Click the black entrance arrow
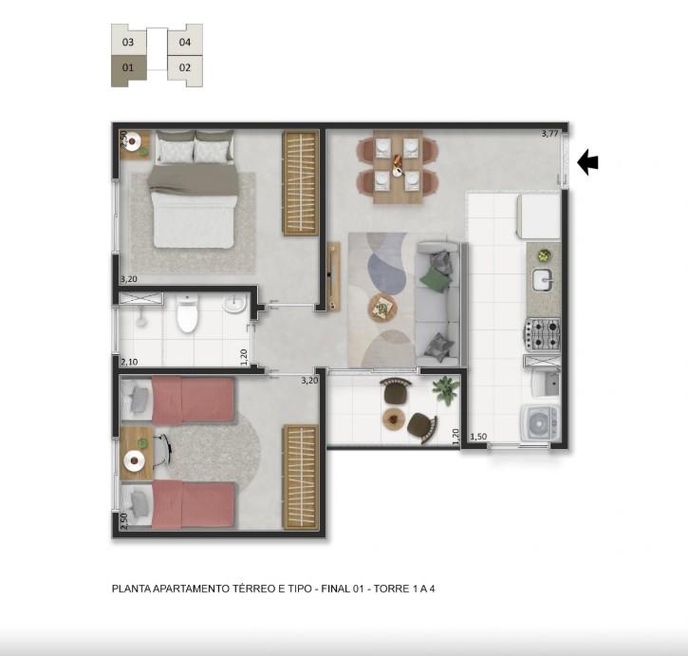coord(587,162)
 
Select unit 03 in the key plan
coord(128,42)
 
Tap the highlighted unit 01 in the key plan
coord(128,69)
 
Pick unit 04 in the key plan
coord(185,42)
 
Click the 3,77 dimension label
coord(549,134)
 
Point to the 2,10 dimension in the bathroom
coord(129,362)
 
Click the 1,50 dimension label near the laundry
coord(478,437)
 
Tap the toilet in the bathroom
coord(187,313)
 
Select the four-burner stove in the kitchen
coord(543,334)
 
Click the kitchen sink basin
coord(543,280)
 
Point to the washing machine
coord(540,422)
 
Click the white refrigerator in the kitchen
coord(539,216)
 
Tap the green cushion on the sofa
coord(436,279)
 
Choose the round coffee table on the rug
coord(382,308)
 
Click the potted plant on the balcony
coord(446,389)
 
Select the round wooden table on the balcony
coord(394,419)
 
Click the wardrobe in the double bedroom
coord(301,183)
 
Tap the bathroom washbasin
coord(234,304)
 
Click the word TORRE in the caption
coord(391,589)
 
